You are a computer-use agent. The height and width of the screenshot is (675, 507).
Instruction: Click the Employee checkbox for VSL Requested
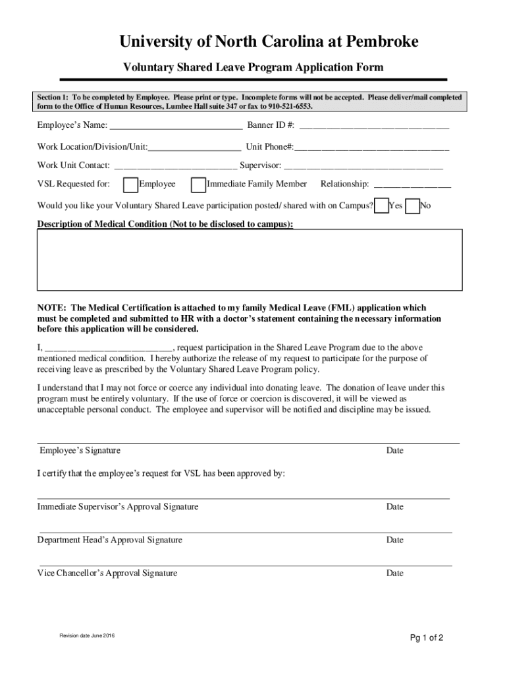coord(130,184)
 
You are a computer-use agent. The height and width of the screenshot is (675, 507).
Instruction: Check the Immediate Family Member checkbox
coord(198,184)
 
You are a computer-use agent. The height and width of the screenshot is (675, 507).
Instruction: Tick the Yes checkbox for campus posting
coord(381,206)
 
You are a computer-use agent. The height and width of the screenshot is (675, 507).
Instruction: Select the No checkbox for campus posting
coord(413,206)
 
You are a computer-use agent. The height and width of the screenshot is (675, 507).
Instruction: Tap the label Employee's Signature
coord(80,451)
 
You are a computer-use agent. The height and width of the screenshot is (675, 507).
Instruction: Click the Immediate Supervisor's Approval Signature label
coord(118,507)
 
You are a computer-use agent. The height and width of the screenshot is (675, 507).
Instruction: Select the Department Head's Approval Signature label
coord(109,540)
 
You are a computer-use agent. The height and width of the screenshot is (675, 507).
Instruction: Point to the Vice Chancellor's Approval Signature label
coord(107,573)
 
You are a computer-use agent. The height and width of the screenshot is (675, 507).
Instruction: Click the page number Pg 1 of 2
coord(426,637)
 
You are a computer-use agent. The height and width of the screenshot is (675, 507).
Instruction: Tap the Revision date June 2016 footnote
coord(87,635)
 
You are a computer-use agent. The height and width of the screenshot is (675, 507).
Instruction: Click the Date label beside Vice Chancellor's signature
coord(394,573)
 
